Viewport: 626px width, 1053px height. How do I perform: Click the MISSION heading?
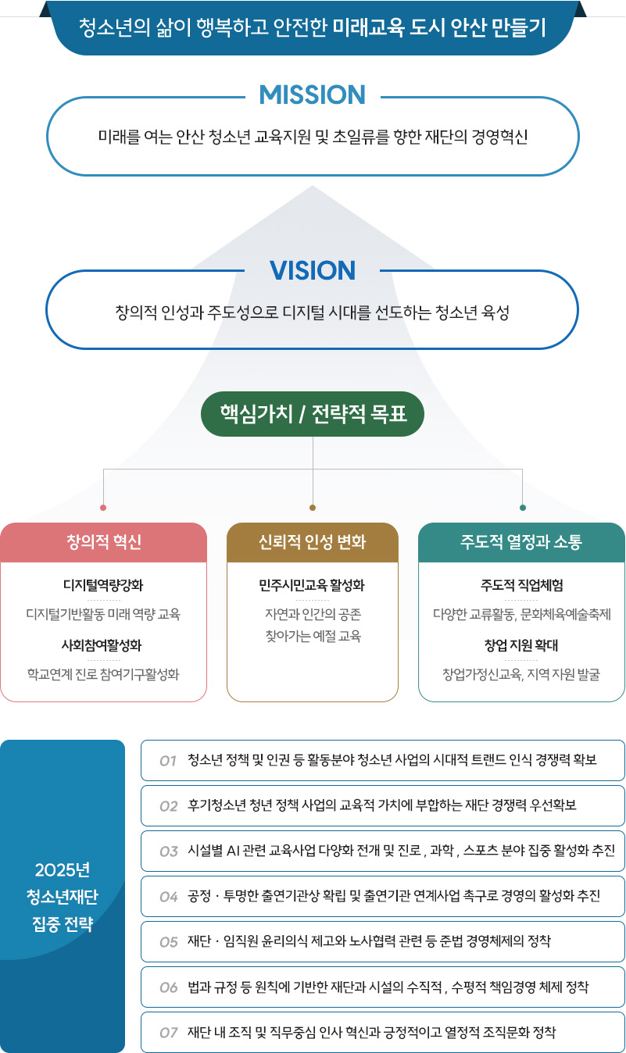[313, 95]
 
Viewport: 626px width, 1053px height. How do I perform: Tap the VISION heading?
[313, 270]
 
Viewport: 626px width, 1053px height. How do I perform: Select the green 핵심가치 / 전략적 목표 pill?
[313, 413]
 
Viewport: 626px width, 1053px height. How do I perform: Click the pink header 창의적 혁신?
[104, 542]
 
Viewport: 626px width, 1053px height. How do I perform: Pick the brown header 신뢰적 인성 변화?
[313, 542]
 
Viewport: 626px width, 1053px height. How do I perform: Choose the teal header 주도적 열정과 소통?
[521, 542]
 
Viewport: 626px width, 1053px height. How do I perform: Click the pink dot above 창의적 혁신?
[103, 508]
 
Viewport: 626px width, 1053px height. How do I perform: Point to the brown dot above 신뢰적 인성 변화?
[313, 508]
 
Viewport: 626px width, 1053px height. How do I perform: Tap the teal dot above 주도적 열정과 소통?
[523, 508]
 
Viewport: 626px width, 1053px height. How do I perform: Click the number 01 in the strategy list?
[167, 761]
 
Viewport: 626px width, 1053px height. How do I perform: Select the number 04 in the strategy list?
[168, 897]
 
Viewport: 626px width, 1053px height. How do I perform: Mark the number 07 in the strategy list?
[168, 1033]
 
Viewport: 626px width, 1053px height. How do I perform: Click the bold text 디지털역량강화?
[103, 585]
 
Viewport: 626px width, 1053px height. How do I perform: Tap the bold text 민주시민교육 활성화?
[313, 585]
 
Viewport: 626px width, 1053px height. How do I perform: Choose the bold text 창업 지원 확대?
[521, 645]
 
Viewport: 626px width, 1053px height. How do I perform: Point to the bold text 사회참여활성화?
[103, 645]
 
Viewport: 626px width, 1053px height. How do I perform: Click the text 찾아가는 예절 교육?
[313, 636]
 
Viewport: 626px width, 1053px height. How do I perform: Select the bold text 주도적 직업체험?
[521, 585]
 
